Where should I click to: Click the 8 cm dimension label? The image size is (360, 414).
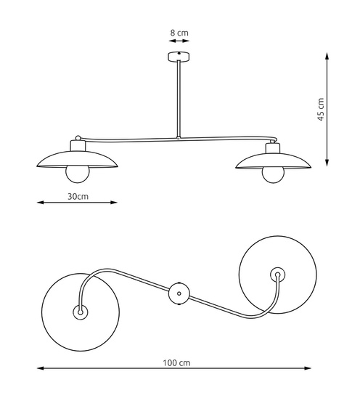(179, 33)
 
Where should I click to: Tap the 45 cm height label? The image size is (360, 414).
(320, 109)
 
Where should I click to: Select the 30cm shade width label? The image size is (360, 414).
(78, 196)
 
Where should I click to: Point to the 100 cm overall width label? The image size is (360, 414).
(176, 362)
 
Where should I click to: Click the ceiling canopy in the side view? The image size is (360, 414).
(179, 57)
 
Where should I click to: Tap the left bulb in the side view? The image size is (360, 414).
(78, 174)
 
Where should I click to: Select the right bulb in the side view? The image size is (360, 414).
(273, 175)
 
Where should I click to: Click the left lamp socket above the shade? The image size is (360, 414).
(78, 145)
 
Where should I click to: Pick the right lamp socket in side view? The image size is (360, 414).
(273, 148)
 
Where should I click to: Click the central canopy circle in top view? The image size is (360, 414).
(179, 293)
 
